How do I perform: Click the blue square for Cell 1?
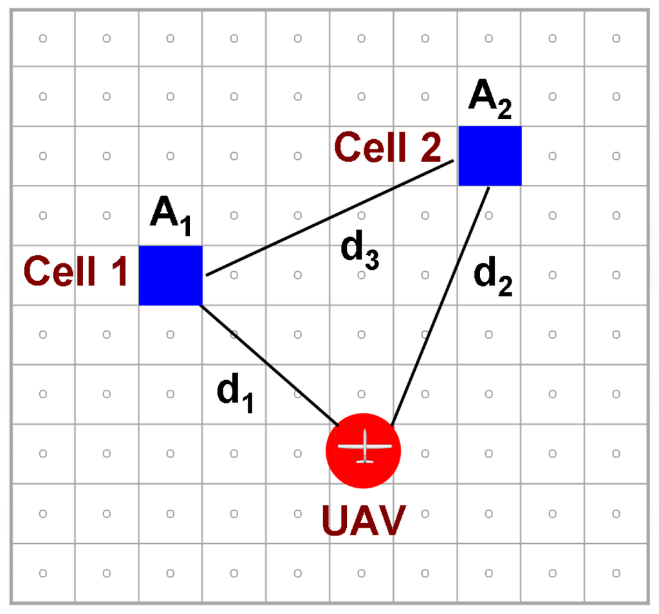pos(171,275)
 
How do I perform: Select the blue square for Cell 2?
pos(490,156)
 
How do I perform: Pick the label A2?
pos(490,100)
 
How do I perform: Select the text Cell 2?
pos(387,148)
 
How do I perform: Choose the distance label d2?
pos(493,277)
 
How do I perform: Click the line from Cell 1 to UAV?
pos(270,365)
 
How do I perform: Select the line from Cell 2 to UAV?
pos(441,306)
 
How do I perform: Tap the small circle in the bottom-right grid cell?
pos(616,573)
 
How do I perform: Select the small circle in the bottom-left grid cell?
pos(43,573)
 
